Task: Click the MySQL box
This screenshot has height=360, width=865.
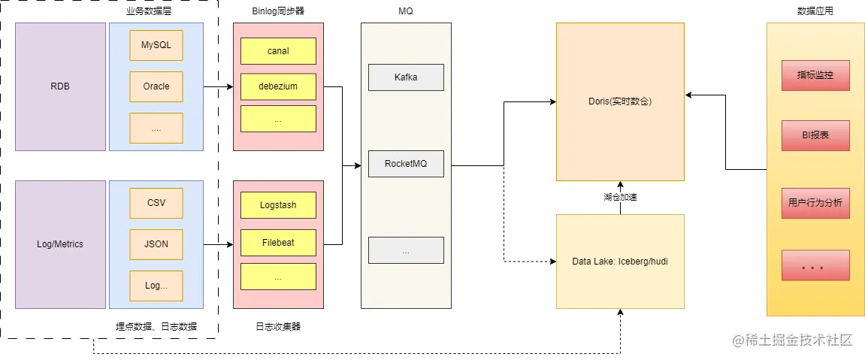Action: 156,45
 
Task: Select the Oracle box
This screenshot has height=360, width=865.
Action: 156,86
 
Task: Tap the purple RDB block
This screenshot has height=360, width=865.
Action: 60,86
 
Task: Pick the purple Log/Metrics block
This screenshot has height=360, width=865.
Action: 60,244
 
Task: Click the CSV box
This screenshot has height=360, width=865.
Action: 156,203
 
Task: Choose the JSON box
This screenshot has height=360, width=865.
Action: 156,244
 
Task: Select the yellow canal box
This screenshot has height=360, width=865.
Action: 278,51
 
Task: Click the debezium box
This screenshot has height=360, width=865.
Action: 278,86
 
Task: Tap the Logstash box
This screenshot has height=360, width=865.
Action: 278,204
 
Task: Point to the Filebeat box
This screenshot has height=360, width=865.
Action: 278,244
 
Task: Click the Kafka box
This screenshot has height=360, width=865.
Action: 406,77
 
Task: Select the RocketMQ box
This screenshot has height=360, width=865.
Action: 406,164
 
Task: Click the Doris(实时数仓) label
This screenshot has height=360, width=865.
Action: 620,101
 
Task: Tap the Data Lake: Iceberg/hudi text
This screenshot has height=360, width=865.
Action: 620,262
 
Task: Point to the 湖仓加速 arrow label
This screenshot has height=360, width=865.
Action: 620,198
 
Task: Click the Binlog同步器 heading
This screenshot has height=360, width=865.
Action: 278,11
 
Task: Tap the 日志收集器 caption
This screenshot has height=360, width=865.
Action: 278,326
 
